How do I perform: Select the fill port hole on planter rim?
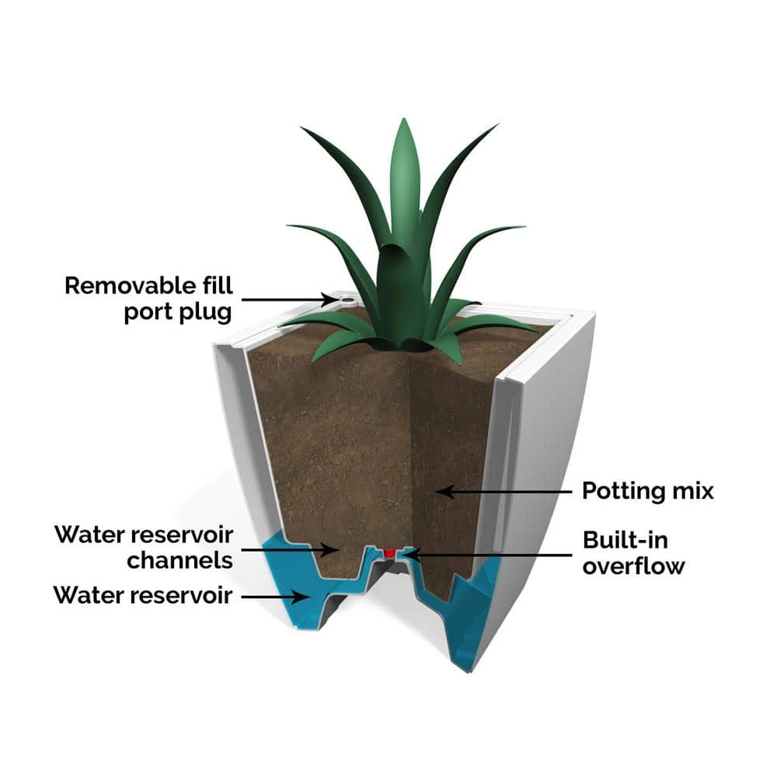(x=343, y=298)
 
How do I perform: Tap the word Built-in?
(x=625, y=540)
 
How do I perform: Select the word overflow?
(x=633, y=566)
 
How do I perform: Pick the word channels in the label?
(x=179, y=560)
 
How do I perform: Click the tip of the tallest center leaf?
(x=403, y=122)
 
